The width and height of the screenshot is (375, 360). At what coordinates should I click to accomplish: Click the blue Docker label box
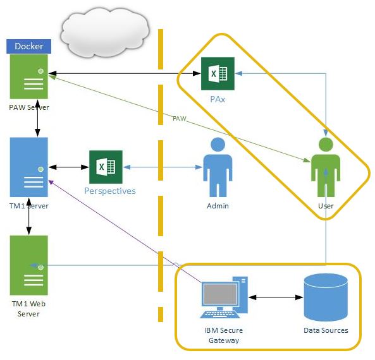[x=29, y=46]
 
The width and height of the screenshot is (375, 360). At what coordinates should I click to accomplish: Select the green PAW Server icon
[x=29, y=78]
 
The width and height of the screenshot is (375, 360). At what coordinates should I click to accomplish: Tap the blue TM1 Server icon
[x=29, y=168]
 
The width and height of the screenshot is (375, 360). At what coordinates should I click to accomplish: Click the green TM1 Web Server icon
[x=29, y=265]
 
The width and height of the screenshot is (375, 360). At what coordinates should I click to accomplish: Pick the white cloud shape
[x=104, y=30]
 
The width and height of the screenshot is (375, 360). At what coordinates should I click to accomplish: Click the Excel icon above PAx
[x=218, y=75]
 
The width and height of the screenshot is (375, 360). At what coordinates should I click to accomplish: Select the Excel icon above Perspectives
[x=106, y=167]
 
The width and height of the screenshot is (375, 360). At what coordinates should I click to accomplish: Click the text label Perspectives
[x=110, y=191]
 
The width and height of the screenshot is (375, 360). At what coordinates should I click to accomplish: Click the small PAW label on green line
[x=180, y=118]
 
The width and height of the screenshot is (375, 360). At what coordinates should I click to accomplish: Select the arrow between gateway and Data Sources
[x=273, y=296]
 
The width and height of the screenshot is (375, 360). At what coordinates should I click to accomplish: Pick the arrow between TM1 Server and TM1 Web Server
[x=28, y=218]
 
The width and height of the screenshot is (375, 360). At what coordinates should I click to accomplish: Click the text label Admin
[x=218, y=206]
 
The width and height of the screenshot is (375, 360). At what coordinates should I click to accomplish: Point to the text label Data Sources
[x=326, y=330]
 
